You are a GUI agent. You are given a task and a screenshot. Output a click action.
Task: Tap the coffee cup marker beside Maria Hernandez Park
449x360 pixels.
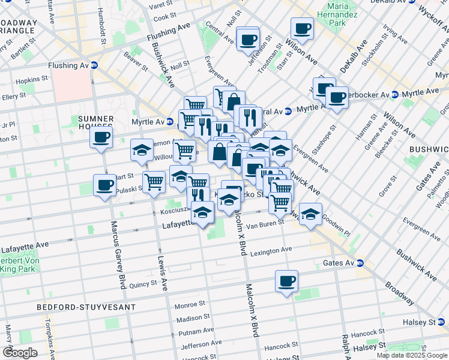[x=302, y=28]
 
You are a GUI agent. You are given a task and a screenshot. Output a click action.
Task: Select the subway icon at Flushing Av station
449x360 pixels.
[x=94, y=65]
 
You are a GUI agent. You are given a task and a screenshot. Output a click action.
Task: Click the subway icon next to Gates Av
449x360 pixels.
[x=360, y=263]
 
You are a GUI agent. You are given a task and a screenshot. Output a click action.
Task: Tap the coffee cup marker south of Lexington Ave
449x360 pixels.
[x=286, y=281]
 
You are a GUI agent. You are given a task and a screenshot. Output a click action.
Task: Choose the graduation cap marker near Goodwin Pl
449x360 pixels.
[x=310, y=214]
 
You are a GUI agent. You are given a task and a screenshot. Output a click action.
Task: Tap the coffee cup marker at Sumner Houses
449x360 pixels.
[x=101, y=137]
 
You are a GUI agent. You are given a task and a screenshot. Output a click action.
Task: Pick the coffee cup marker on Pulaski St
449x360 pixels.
[x=104, y=185]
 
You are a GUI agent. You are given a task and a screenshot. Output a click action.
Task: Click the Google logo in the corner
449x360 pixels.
[x=20, y=353]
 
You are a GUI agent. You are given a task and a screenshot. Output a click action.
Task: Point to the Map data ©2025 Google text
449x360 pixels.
[x=411, y=355]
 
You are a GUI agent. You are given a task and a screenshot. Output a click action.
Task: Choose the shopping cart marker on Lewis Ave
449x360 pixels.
[x=154, y=181]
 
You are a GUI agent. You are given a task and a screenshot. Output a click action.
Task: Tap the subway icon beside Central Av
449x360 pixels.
[x=288, y=111]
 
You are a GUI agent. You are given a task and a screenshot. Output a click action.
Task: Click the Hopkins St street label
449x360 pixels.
[x=32, y=79]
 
